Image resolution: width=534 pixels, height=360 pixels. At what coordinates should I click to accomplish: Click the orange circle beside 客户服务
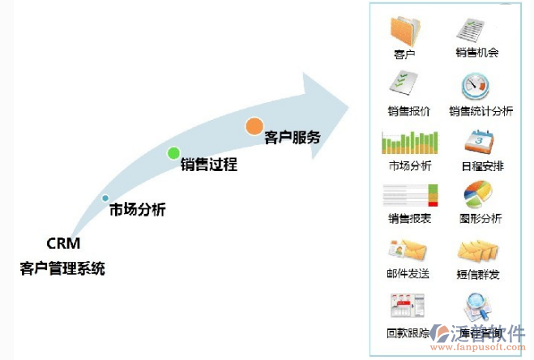pos(254,126)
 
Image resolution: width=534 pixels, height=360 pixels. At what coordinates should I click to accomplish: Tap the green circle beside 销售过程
pos(173,152)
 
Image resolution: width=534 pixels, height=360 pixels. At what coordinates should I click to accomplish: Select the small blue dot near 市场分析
pos(105,198)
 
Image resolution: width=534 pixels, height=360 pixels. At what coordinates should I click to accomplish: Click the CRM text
pos(62,242)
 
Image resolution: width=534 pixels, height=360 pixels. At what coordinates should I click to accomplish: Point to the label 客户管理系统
pos(62,268)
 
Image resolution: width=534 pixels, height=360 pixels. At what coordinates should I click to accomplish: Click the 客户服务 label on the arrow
pos(293,137)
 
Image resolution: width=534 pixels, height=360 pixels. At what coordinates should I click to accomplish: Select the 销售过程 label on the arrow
pos(208,165)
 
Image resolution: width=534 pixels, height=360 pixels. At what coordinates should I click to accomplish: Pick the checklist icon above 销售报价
pos(404,83)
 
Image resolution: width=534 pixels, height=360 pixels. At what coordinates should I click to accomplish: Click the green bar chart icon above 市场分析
pos(409,142)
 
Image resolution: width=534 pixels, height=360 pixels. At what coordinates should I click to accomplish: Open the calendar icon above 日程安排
pos(477,140)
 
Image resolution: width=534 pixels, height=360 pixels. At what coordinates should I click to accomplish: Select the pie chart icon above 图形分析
pos(477,195)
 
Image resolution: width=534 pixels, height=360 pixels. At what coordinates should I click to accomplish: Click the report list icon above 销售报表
pos(409,195)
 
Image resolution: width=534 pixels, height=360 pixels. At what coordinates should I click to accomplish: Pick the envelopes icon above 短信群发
pos(477,251)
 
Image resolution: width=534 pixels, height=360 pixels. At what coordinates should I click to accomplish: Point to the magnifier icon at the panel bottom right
pos(477,308)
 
